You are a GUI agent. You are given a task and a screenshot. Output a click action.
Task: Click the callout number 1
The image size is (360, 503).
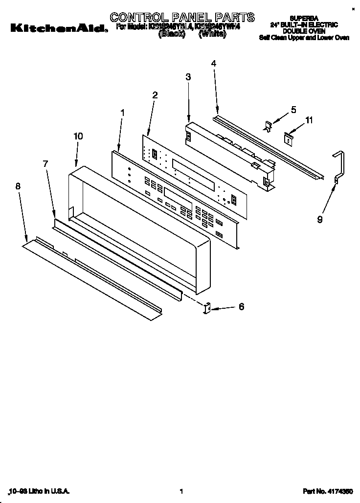click(x=122, y=113)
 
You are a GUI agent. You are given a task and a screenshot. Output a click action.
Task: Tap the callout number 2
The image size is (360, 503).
click(x=155, y=95)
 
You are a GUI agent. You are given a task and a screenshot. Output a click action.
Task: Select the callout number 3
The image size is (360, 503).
click(x=188, y=77)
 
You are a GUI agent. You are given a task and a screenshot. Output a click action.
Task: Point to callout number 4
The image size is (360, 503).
click(x=214, y=63)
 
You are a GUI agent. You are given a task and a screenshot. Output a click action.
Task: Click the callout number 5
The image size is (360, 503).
click(x=293, y=110)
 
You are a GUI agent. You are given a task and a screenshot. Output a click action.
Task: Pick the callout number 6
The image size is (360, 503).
click(x=241, y=307)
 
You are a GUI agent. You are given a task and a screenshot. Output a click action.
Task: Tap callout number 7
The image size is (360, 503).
click(x=45, y=164)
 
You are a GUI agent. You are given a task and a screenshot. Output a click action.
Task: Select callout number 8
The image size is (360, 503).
click(x=18, y=185)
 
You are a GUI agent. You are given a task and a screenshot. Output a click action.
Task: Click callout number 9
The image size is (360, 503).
click(x=319, y=220)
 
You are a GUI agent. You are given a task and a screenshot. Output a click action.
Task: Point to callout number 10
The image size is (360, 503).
click(x=78, y=137)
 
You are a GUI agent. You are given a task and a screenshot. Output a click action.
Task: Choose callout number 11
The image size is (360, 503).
click(x=308, y=119)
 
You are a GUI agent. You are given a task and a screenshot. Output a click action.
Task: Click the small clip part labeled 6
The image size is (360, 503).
click(x=206, y=308)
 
